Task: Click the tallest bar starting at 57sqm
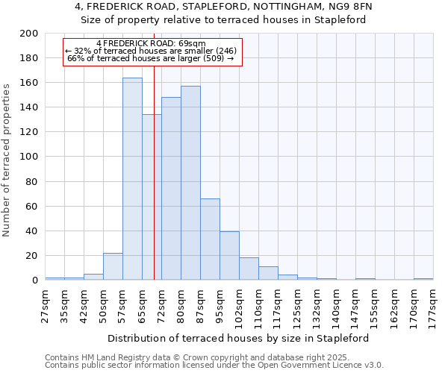pyautogui.click(x=132, y=179)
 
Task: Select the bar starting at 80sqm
pyautogui.click(x=190, y=183)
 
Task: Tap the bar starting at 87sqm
pyautogui.click(x=210, y=239)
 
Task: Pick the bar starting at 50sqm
pyautogui.click(x=113, y=266)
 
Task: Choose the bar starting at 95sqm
pyautogui.click(x=229, y=256)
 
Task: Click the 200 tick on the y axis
pyautogui.click(x=29, y=34)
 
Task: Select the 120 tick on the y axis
pyautogui.click(x=29, y=132)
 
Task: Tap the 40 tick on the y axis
pyautogui.click(x=32, y=231)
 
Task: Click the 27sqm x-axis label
pyautogui.click(x=45, y=307)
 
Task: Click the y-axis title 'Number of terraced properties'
pyautogui.click(x=7, y=160)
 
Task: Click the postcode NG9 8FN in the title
pyautogui.click(x=350, y=7)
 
